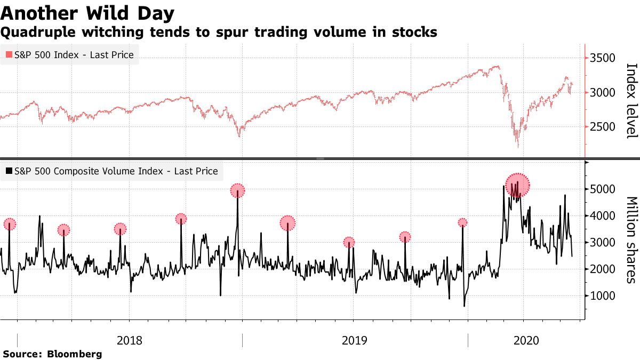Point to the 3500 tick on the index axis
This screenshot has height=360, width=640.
click(604, 58)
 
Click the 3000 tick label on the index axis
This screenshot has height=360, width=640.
click(604, 93)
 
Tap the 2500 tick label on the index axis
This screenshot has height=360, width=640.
click(604, 127)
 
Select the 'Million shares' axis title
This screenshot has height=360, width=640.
click(631, 240)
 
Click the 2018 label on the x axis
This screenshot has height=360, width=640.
click(129, 340)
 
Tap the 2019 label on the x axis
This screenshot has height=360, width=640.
click(355, 340)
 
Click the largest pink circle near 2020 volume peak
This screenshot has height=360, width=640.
click(517, 185)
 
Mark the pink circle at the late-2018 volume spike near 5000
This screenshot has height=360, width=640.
click(237, 190)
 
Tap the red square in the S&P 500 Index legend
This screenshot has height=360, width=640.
click(9, 54)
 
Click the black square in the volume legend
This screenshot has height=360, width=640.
click(9, 171)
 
